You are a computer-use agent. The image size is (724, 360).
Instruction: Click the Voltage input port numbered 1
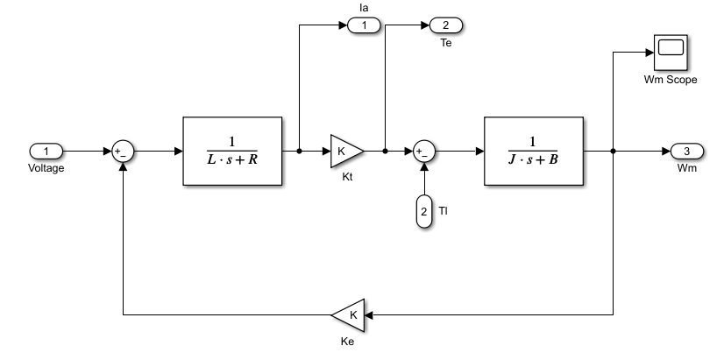[x=46, y=151]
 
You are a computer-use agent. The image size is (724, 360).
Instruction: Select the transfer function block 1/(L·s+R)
[x=232, y=151]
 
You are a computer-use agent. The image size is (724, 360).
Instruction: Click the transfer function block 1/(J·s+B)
[x=534, y=151]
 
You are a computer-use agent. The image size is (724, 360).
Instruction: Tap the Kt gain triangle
[x=345, y=151]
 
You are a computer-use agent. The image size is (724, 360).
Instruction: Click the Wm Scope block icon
[x=670, y=53]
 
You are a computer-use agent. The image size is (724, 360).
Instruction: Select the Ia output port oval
[x=364, y=25]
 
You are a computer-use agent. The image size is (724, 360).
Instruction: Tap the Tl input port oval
[x=423, y=211]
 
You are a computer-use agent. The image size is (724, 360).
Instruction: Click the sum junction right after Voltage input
[x=123, y=151]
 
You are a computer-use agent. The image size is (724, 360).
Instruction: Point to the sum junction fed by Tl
[x=423, y=151]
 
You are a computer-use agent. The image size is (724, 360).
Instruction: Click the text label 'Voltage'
[x=46, y=168]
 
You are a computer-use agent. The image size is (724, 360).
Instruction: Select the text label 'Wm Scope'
[x=670, y=80]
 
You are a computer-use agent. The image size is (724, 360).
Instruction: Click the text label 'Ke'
[x=348, y=342]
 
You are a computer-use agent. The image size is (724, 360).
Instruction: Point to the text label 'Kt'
[x=346, y=178]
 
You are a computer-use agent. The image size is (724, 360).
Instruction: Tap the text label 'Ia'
[x=364, y=8]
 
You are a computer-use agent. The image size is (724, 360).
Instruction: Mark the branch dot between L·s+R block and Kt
[x=300, y=151]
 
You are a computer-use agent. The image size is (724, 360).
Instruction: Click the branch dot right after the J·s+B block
[x=613, y=151]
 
